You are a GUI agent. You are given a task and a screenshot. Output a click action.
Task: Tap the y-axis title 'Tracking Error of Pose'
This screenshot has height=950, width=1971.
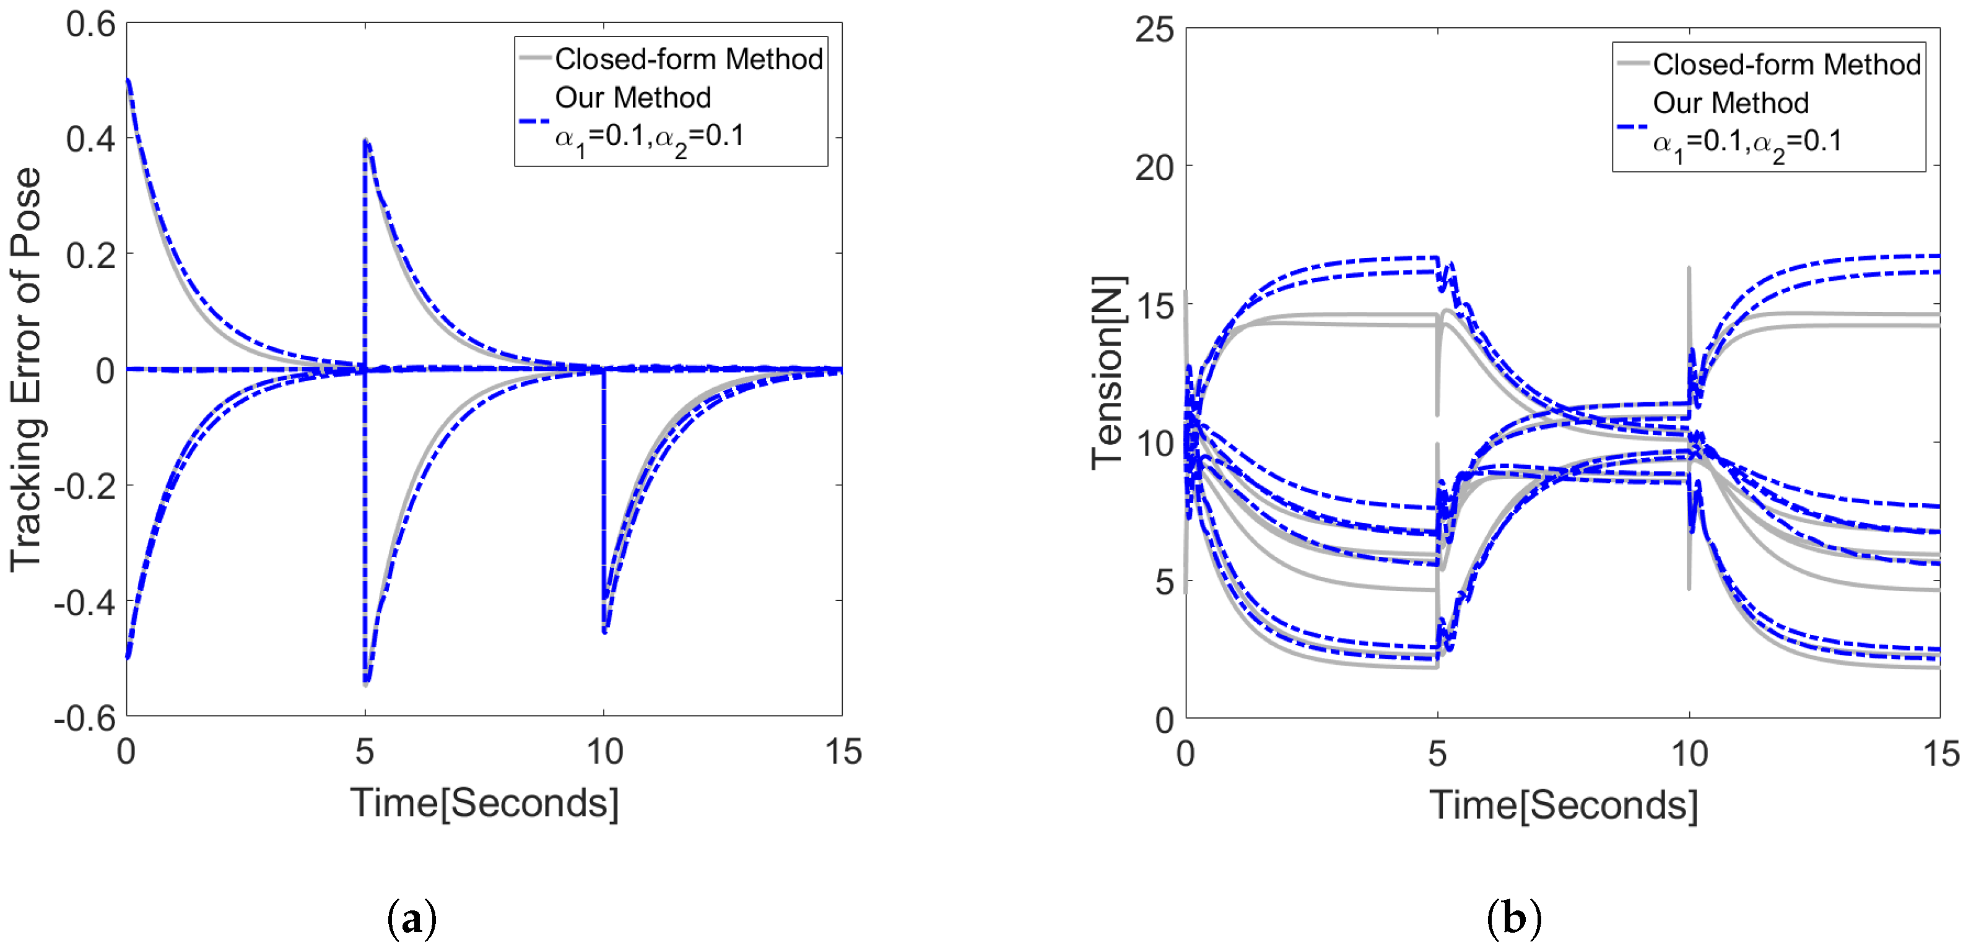[x=25, y=369]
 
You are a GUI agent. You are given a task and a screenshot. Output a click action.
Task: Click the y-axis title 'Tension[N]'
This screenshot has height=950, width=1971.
[x=1107, y=373]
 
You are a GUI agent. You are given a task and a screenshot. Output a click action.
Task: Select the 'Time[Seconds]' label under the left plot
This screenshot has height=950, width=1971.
[x=484, y=803]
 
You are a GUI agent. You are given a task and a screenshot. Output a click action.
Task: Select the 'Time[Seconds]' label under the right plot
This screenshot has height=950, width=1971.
[x=1563, y=805]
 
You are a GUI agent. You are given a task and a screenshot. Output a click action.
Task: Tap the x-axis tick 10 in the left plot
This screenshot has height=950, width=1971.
[x=604, y=752]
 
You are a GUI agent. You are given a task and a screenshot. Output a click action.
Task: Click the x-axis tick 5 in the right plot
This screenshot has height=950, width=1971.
[x=1437, y=754]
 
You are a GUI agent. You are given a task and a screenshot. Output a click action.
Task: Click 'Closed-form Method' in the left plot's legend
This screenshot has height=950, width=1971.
[x=688, y=59]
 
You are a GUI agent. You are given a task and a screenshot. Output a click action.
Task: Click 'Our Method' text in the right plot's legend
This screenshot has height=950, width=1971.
[x=1730, y=103]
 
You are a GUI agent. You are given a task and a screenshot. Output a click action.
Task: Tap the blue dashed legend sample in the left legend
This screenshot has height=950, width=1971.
[x=534, y=121]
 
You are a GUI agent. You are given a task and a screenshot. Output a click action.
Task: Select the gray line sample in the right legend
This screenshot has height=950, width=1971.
[x=1632, y=64]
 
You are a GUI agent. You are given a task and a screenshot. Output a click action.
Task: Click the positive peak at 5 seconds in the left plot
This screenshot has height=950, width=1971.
[x=367, y=140]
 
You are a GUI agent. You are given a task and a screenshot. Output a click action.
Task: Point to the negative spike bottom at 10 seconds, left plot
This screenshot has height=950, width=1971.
[x=604, y=632]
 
